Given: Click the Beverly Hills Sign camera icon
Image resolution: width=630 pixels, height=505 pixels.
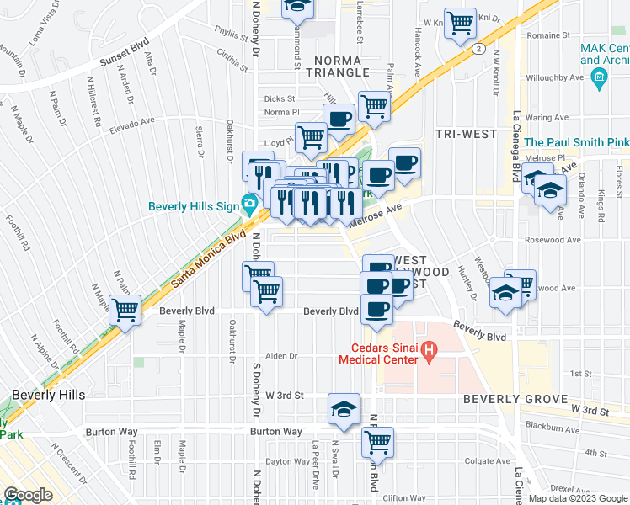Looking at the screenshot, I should pyautogui.click(x=249, y=204).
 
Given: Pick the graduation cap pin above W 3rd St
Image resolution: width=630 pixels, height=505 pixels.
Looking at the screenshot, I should pyautogui.click(x=343, y=408).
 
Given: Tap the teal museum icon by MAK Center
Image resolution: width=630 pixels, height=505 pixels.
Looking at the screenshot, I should pyautogui.click(x=599, y=79).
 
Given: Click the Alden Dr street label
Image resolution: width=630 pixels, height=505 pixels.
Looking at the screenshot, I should pyautogui.click(x=282, y=356).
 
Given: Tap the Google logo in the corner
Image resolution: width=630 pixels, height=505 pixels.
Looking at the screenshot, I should pyautogui.click(x=28, y=496).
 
